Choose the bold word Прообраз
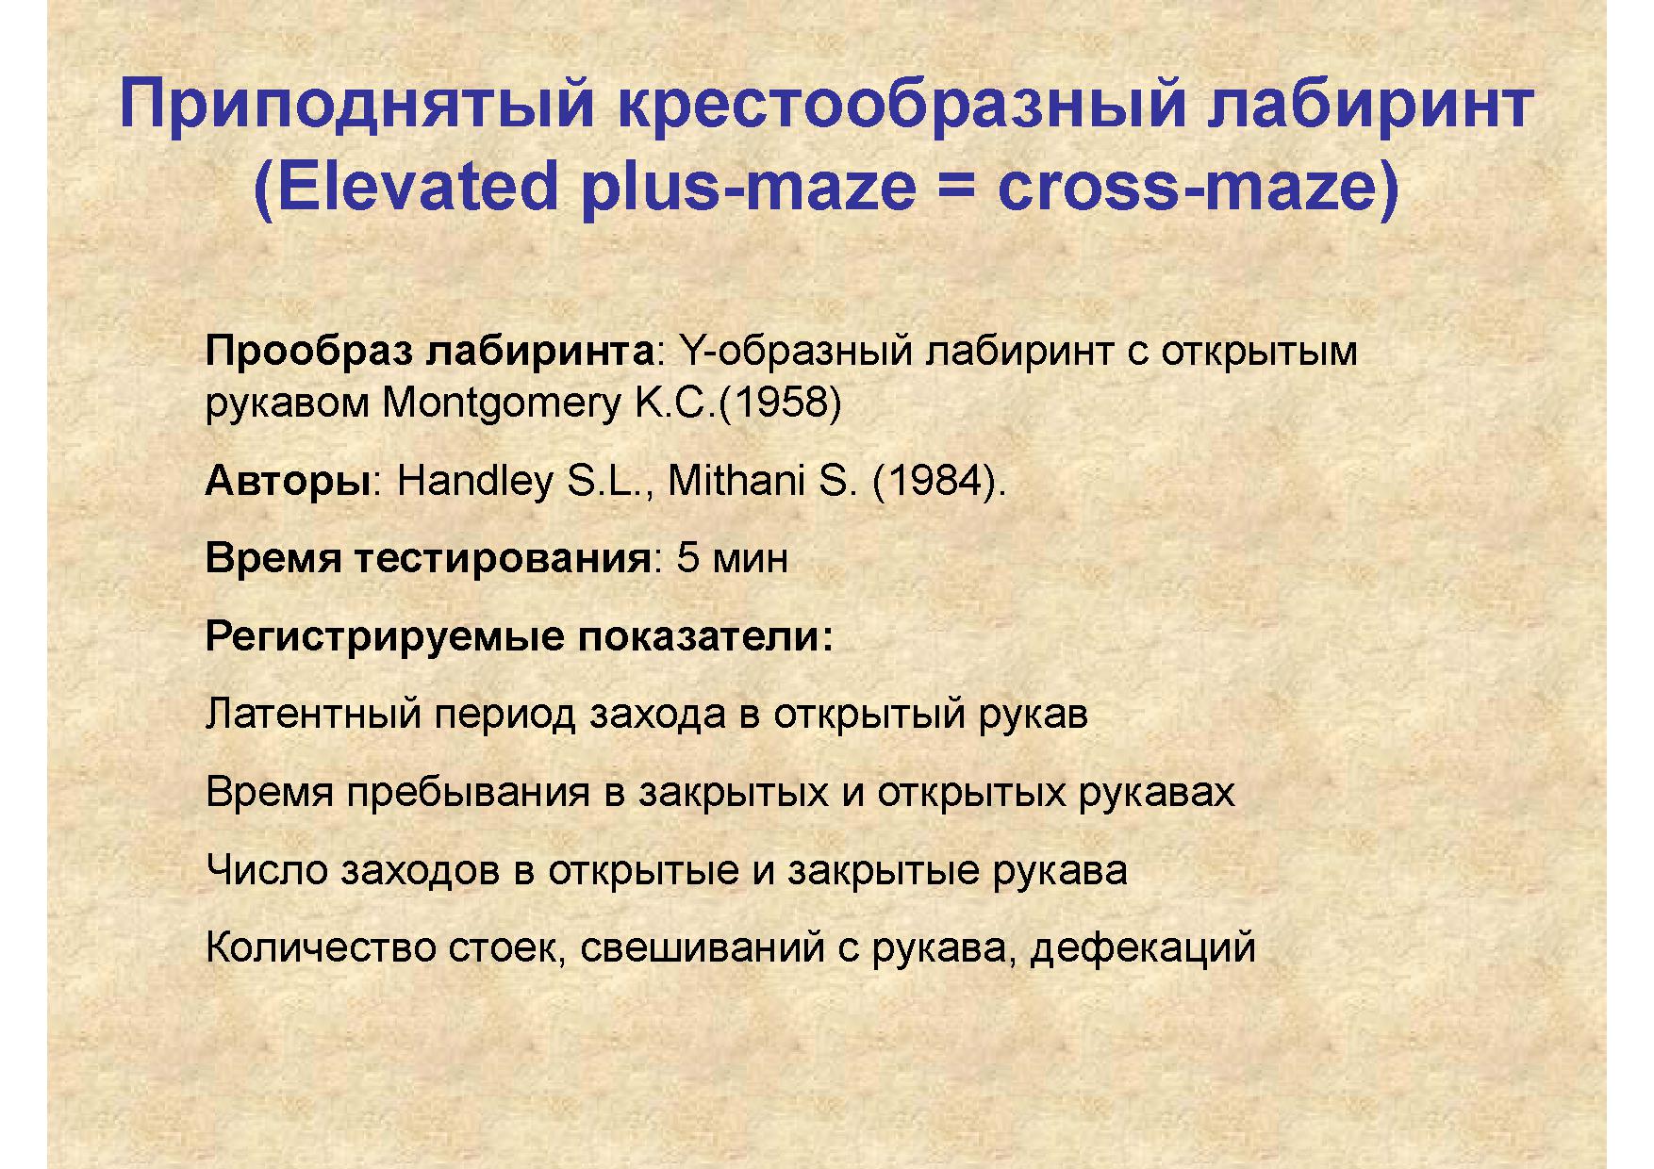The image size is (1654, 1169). (x=309, y=352)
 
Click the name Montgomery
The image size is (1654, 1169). (x=500, y=404)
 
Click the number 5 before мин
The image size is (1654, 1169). (x=688, y=558)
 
